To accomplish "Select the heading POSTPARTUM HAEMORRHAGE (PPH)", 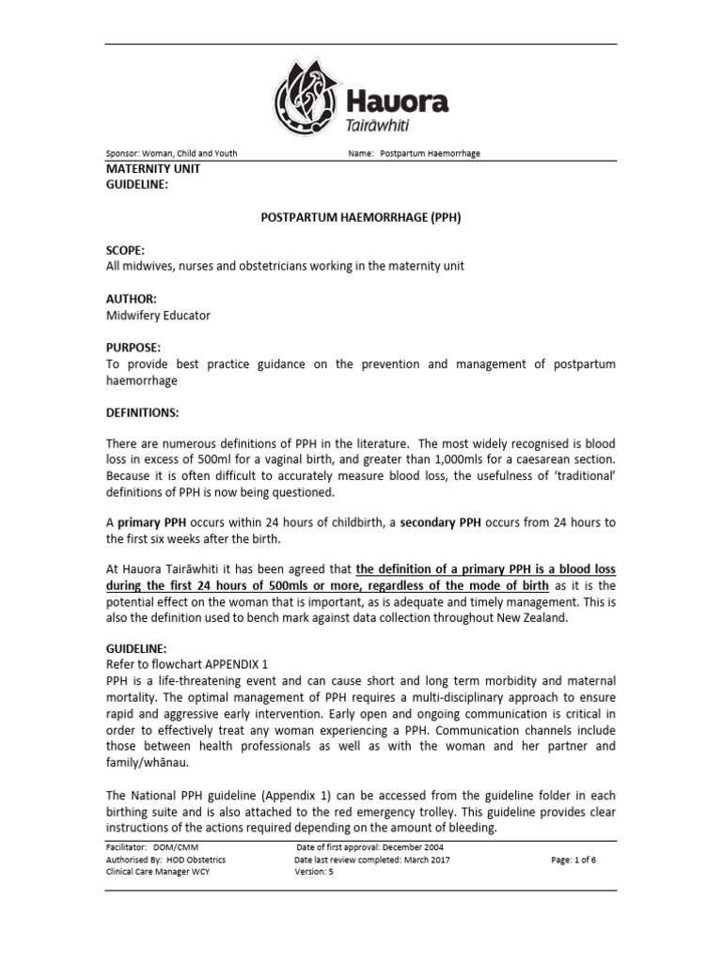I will point(360,217).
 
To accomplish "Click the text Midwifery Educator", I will point(157,316).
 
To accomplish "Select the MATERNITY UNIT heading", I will point(151,169).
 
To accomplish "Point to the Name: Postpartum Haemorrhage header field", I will point(414,154).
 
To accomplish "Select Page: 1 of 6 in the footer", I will point(573,859).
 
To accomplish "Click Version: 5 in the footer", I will point(315,871).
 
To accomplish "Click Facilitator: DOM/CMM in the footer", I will point(148,846).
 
